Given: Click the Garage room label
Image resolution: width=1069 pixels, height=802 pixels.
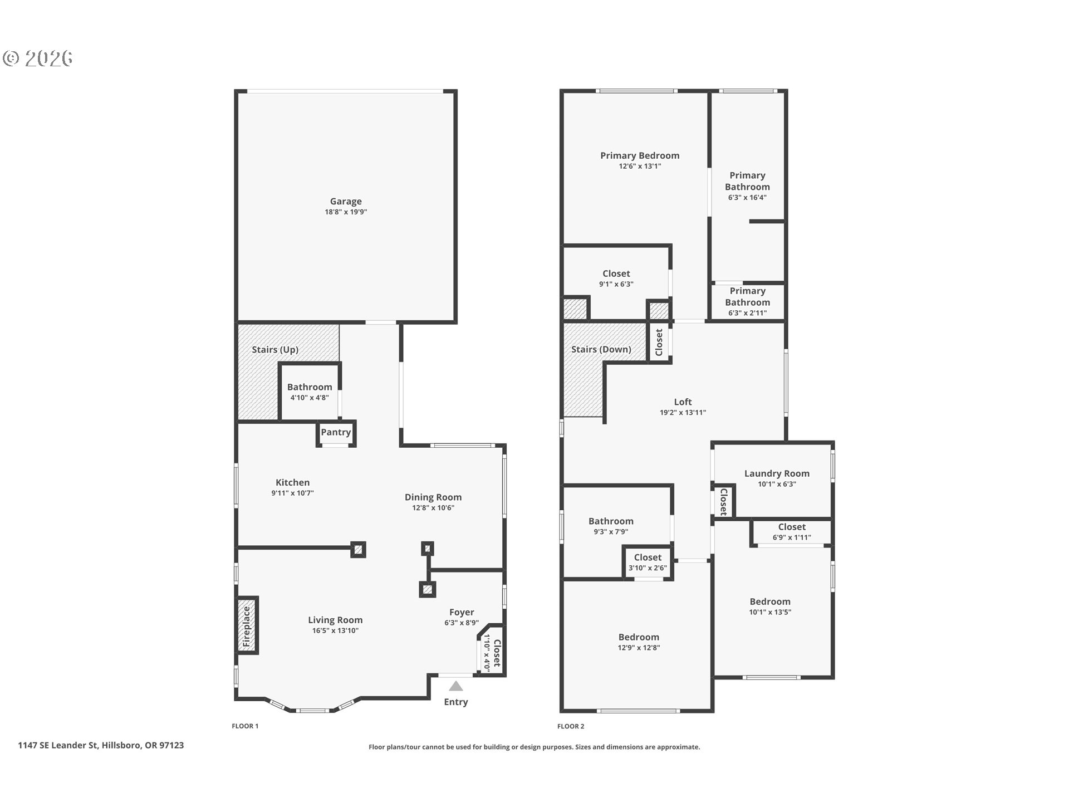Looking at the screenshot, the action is coord(346,202).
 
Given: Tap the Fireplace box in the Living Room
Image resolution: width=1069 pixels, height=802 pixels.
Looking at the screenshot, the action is coord(247,625).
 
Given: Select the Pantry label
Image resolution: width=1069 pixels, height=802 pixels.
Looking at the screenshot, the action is coord(336,432).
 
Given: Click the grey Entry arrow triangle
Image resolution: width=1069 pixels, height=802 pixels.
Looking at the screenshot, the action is coord(456,686).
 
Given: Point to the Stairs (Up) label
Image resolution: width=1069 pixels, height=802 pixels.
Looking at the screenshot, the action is coord(275,350).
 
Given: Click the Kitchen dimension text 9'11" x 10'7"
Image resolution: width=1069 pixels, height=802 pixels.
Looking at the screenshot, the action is coord(292,493).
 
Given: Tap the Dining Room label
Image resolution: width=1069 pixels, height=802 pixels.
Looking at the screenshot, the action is coord(433,497).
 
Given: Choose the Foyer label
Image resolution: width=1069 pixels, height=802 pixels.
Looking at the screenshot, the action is coord(462,613).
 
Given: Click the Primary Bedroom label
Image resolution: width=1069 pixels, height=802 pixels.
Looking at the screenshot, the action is coord(640,156).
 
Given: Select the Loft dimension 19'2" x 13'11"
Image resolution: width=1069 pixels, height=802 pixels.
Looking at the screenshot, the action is coord(683,413).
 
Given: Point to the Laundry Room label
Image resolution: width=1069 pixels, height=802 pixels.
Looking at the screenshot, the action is coord(777,473).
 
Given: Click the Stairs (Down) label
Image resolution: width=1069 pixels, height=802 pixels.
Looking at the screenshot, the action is coord(601,350).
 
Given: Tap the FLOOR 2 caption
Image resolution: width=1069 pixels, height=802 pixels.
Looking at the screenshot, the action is coord(571,726).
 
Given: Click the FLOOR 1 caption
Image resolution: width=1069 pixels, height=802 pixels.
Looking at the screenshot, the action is coord(245,726).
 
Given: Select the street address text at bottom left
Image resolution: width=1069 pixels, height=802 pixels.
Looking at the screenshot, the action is coord(101,745).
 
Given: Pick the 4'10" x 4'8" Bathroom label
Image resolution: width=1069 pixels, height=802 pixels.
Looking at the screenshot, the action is coord(310,392).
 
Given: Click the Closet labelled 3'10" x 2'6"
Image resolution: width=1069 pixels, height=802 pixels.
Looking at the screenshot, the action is coord(648,563).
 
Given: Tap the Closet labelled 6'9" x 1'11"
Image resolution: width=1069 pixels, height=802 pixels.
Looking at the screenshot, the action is coord(792,532).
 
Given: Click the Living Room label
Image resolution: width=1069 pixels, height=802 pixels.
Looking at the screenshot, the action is coord(335,620).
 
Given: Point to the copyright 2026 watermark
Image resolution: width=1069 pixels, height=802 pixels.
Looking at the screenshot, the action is coord(38,58).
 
